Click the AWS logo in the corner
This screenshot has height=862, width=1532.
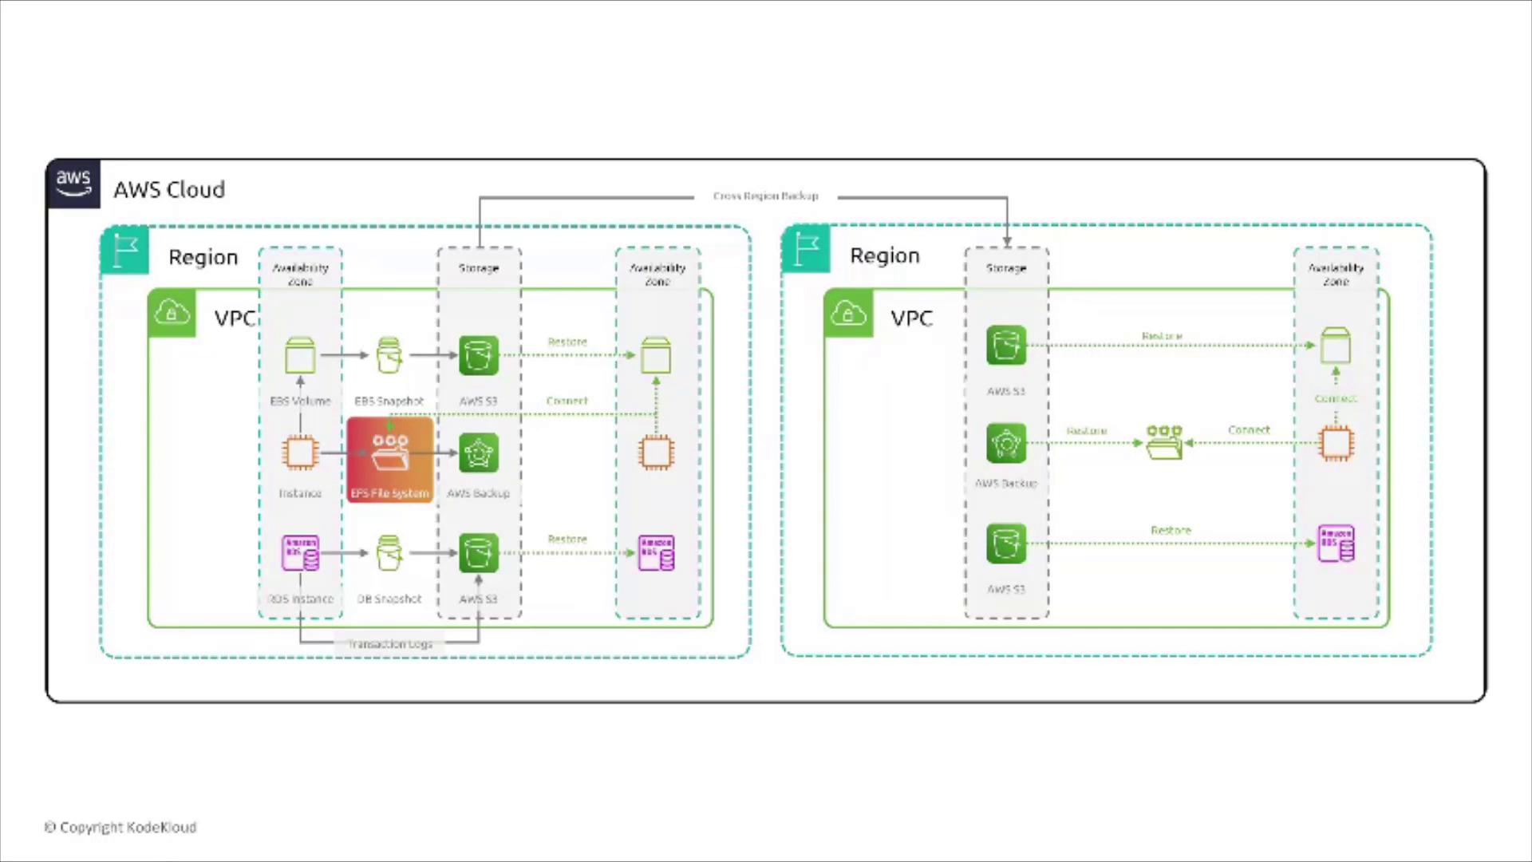click(73, 184)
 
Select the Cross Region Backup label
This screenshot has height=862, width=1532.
click(765, 196)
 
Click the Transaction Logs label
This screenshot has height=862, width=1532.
click(390, 644)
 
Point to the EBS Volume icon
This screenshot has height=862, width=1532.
click(300, 355)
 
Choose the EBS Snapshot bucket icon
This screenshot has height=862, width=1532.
click(389, 355)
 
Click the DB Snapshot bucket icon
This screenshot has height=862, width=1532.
click(389, 552)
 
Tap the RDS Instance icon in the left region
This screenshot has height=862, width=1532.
click(300, 552)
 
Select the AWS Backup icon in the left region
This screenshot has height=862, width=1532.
click(479, 453)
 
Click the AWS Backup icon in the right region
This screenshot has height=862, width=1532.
click(1006, 443)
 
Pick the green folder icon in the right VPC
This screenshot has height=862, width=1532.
click(1164, 443)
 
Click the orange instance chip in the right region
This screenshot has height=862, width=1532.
click(1337, 443)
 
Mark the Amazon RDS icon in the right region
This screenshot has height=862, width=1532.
click(1337, 544)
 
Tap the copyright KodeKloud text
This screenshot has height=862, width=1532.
click(120, 828)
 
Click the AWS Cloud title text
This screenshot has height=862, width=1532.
click(169, 190)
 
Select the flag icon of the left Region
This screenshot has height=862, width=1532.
click(125, 251)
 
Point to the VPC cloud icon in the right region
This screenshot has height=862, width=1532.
click(848, 313)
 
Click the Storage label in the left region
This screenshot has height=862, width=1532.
click(479, 268)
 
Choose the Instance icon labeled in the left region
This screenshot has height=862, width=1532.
click(300, 453)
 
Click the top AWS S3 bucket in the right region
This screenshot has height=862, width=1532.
click(1006, 346)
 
